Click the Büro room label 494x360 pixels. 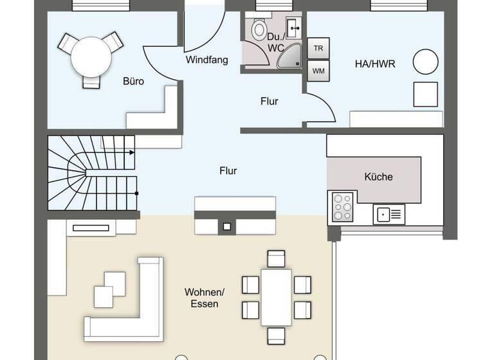(133, 82)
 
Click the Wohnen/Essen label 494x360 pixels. (201, 298)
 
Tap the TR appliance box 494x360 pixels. (318, 49)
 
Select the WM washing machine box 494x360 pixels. (318, 71)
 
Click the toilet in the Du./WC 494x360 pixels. (259, 30)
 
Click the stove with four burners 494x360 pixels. (342, 207)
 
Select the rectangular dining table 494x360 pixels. (277, 296)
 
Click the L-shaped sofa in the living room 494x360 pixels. (129, 309)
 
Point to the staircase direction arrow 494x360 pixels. (131, 152)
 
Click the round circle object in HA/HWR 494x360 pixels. (425, 62)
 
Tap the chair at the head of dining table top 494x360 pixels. (276, 259)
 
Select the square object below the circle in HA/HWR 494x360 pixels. (425, 94)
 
